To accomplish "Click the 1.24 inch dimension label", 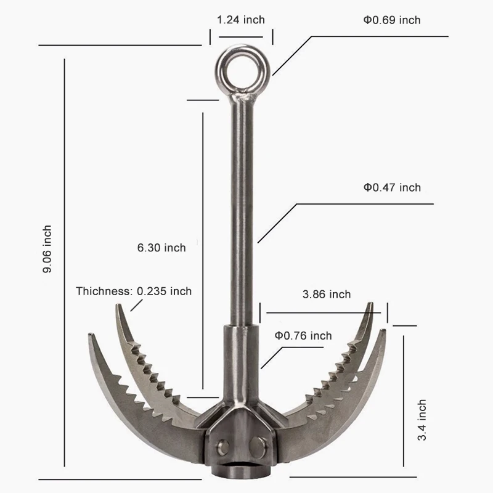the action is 241,20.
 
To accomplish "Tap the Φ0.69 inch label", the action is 392,20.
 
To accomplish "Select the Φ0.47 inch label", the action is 392,187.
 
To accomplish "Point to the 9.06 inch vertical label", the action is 47,249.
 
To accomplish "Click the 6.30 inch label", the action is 161,248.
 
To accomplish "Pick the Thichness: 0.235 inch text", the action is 134,291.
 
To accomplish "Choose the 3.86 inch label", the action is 327,295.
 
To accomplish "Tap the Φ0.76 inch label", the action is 303,336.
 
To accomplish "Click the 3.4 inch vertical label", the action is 422,420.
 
